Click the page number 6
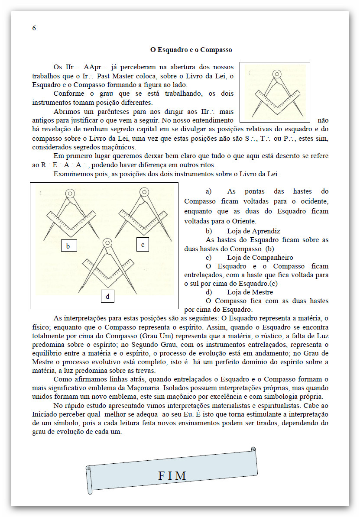[x=34, y=28]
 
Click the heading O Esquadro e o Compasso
[x=191, y=50]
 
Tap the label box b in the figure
[x=68, y=246]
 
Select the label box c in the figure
[x=143, y=245]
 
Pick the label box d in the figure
[x=107, y=296]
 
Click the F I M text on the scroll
[x=172, y=475]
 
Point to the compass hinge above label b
[x=69, y=193]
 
